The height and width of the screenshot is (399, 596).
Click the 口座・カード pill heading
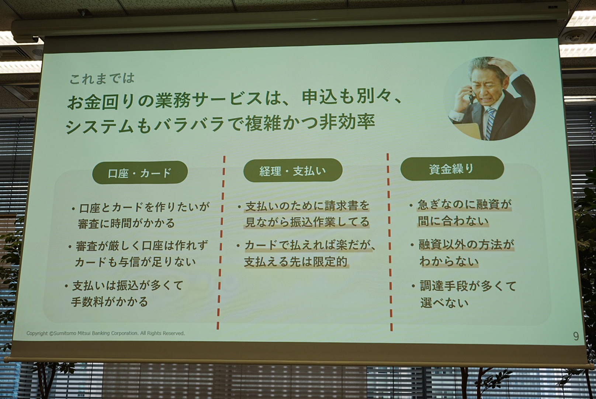(x=140, y=173)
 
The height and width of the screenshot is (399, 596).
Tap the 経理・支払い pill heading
(x=293, y=170)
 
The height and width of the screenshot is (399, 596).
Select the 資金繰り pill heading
(x=451, y=168)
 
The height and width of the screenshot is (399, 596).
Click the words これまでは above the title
(x=102, y=78)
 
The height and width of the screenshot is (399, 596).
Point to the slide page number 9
(x=576, y=336)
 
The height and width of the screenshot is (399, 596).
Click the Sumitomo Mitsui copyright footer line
(x=105, y=333)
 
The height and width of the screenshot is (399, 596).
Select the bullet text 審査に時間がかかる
(x=126, y=224)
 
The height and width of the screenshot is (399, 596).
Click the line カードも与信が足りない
(x=135, y=262)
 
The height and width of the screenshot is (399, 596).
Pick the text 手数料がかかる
(x=110, y=302)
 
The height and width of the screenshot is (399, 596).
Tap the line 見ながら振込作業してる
(x=307, y=222)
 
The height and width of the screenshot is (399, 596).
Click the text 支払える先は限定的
(x=296, y=262)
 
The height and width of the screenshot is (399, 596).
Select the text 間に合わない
(x=453, y=221)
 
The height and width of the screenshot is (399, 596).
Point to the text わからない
(x=449, y=262)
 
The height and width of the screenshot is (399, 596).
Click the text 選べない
(x=444, y=303)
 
